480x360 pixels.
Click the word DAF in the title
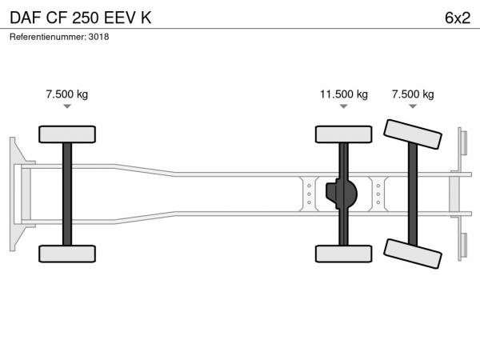pyautogui.click(x=26, y=18)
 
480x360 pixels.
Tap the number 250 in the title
pyautogui.click(x=86, y=18)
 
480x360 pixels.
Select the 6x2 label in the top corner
pyautogui.click(x=458, y=18)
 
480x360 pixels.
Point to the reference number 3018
pyautogui.click(x=98, y=37)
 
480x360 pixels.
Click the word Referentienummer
pyautogui.click(x=48, y=37)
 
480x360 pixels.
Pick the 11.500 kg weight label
pyautogui.click(x=344, y=94)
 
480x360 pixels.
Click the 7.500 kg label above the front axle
pyautogui.click(x=67, y=94)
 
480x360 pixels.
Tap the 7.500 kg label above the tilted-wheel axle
pyautogui.click(x=413, y=94)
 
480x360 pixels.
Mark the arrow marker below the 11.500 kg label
pyautogui.click(x=344, y=106)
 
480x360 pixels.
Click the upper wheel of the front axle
pyautogui.click(x=67, y=134)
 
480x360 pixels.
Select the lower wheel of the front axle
pyautogui.click(x=67, y=254)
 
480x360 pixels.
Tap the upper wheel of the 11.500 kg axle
pyautogui.click(x=344, y=134)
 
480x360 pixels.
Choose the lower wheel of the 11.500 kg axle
pyautogui.click(x=344, y=254)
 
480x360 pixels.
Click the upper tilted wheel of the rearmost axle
pyautogui.click(x=413, y=134)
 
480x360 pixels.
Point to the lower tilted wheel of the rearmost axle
pyautogui.click(x=413, y=254)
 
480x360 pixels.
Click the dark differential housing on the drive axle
pyautogui.click(x=342, y=194)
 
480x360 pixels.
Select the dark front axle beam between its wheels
pyautogui.click(x=67, y=194)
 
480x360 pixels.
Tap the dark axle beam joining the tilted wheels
pyautogui.click(x=413, y=194)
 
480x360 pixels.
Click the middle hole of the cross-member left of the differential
pyautogui.click(x=309, y=194)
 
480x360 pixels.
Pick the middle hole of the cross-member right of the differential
pyautogui.click(x=378, y=194)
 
